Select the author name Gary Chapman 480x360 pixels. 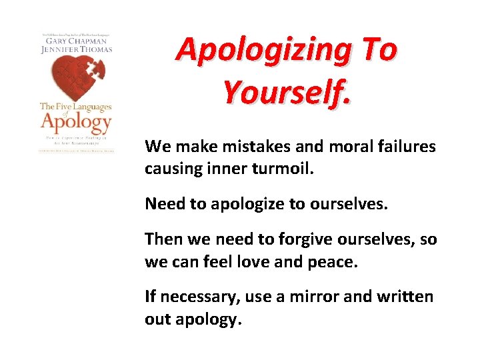[x=75, y=40]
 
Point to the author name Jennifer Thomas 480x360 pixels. [x=75, y=49]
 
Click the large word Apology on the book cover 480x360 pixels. [x=75, y=122]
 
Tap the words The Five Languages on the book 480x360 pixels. [x=75, y=107]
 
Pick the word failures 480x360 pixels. [x=409, y=146]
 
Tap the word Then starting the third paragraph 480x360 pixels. [x=161, y=239]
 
